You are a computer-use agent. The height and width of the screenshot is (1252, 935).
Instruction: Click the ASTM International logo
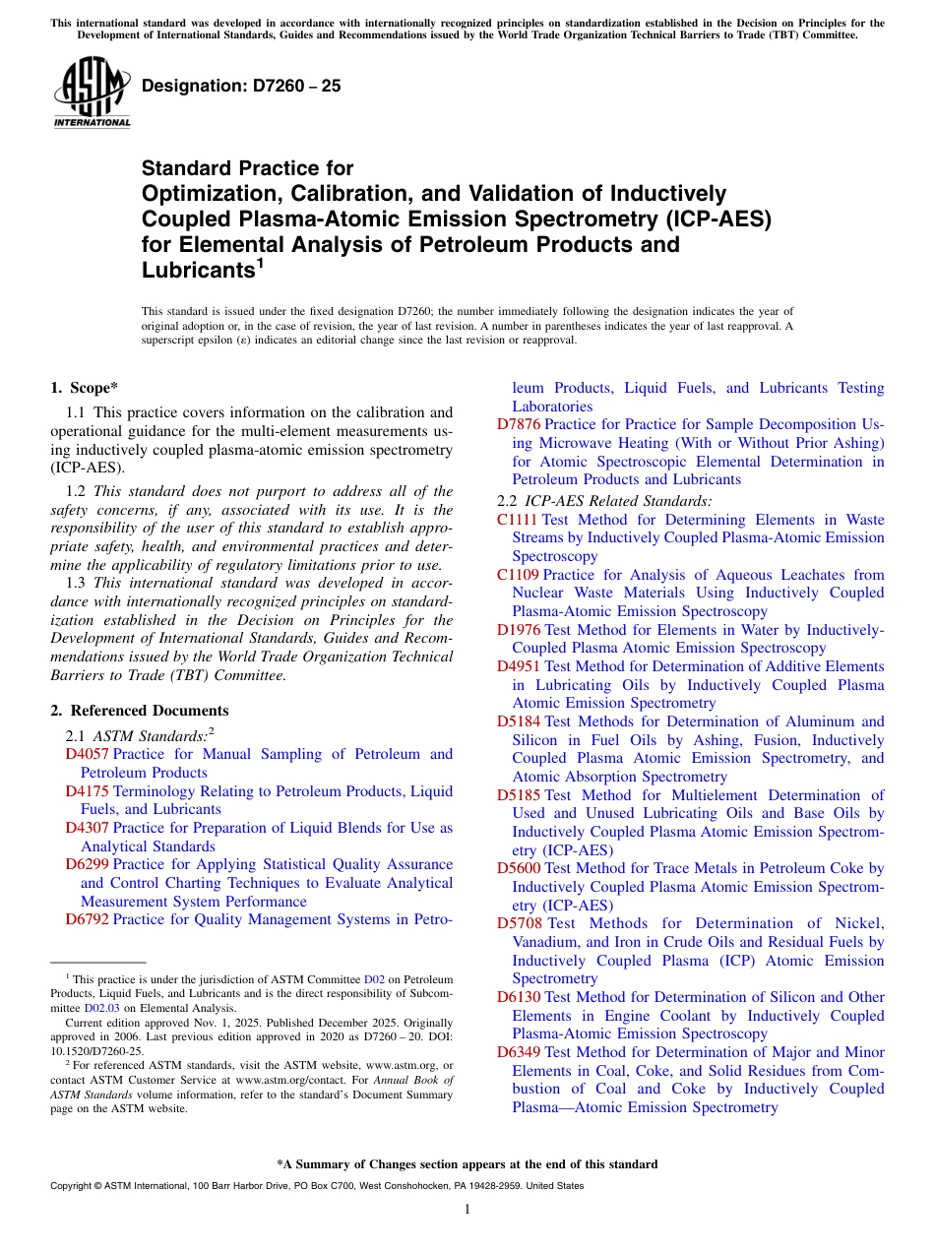[x=92, y=94]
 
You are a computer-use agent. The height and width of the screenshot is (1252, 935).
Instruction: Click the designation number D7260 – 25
[x=241, y=87]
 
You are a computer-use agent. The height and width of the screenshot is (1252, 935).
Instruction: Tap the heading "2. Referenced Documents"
[x=140, y=711]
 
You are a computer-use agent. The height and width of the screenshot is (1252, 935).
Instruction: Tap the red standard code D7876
[x=519, y=425]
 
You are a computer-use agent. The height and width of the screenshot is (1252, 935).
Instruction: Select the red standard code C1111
[x=517, y=520]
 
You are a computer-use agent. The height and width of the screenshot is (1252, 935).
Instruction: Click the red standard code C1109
[x=517, y=575]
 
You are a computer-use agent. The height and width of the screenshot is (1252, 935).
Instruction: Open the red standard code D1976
[x=519, y=630]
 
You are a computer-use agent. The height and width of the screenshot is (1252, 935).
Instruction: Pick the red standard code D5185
[x=519, y=795]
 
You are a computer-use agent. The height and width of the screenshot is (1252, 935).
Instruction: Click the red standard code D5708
[x=519, y=923]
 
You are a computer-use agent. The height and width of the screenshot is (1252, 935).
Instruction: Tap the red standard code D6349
[x=519, y=1052]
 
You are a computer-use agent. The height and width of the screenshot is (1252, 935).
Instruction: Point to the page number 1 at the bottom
[x=467, y=1209]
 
